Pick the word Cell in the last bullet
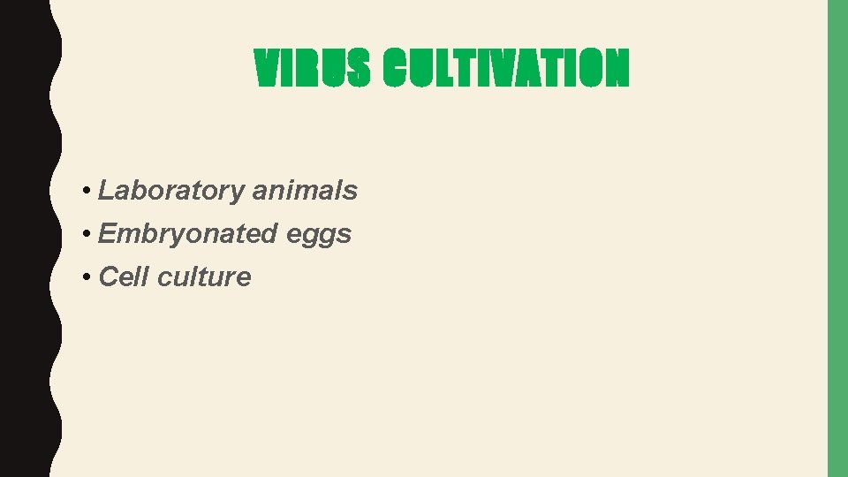124,276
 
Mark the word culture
204,276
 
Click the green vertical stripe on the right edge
837,238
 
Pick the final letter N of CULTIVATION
617,69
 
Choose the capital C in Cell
109,276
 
